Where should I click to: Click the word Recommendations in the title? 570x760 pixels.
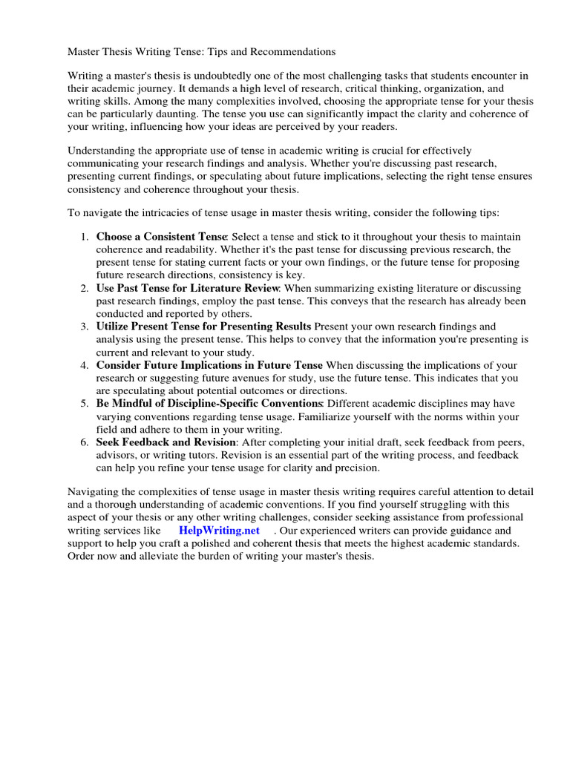(290, 52)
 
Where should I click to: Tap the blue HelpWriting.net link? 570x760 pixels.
(219, 531)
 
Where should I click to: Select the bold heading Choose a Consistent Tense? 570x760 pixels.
(160, 236)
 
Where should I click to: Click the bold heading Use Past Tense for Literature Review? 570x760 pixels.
(187, 287)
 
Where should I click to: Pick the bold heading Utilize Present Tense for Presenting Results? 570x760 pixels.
(203, 327)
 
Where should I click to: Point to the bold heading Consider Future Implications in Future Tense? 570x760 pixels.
(209, 365)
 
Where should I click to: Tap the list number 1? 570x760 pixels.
(83, 236)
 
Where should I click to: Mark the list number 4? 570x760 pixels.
(83, 365)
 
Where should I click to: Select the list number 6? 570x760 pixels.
(83, 442)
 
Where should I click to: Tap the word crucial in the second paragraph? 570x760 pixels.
(381, 151)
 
